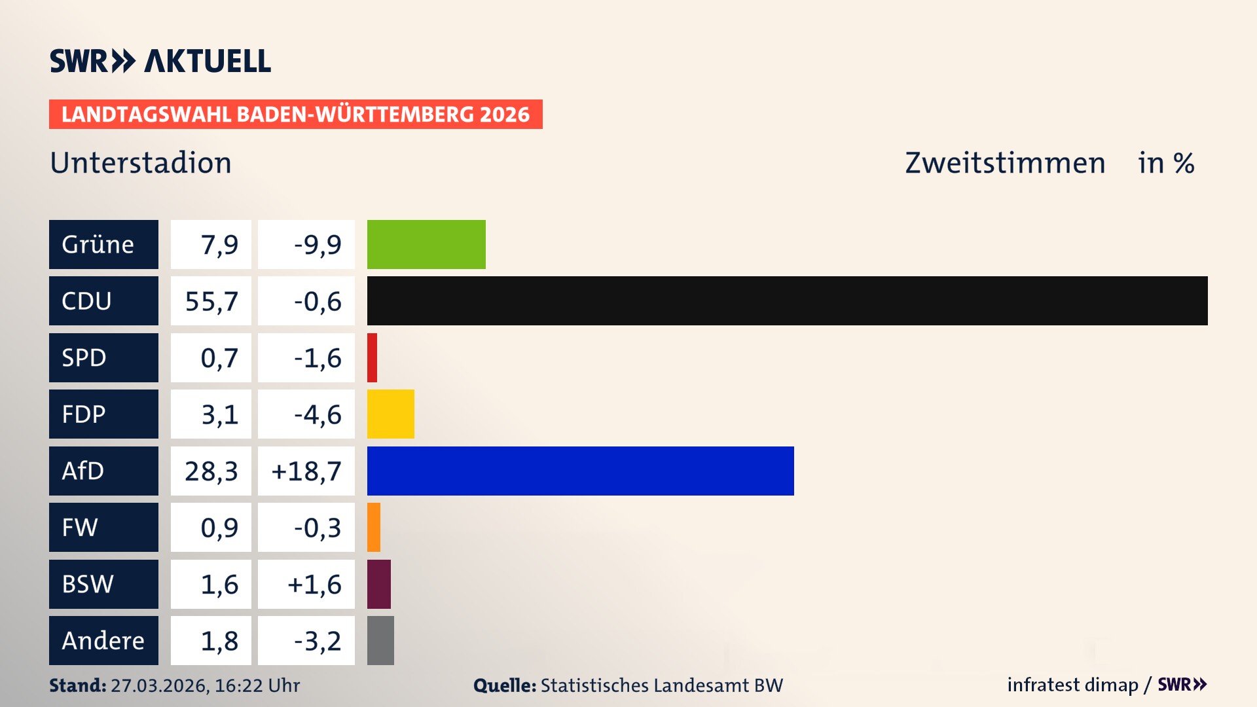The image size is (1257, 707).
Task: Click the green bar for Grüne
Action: click(x=426, y=244)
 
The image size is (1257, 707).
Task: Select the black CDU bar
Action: click(x=787, y=300)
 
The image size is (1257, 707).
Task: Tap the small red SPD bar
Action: click(x=372, y=357)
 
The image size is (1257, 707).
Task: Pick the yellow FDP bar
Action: click(x=390, y=414)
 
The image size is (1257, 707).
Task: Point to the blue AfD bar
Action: click(x=580, y=471)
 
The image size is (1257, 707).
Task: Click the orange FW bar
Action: click(x=374, y=527)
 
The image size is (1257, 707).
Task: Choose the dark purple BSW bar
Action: click(x=379, y=584)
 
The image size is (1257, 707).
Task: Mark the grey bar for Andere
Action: click(x=380, y=640)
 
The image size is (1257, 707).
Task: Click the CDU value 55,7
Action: click(x=211, y=301)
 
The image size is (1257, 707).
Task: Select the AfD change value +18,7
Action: click(x=306, y=471)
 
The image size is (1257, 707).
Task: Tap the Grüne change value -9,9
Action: click(x=318, y=245)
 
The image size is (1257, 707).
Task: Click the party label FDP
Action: click(x=84, y=414)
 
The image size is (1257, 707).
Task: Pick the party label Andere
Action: click(x=103, y=641)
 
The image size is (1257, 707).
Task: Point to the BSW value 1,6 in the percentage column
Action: click(x=219, y=585)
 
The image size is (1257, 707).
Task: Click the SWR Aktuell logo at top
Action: click(x=160, y=61)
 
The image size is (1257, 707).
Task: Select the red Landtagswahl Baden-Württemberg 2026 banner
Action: click(x=295, y=115)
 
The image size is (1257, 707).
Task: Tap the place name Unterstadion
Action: click(x=141, y=163)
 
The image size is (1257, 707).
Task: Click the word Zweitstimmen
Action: click(x=1005, y=163)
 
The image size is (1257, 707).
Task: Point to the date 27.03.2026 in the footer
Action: click(x=159, y=685)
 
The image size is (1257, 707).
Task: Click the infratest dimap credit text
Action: click(x=1072, y=685)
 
